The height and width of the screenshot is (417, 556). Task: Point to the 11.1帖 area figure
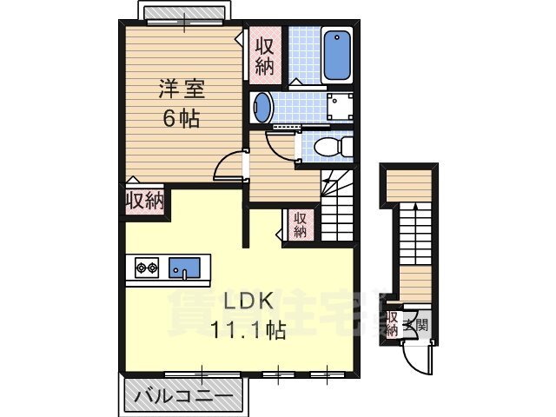pyautogui.click(x=248, y=329)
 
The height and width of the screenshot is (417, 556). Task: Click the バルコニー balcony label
pyautogui.click(x=183, y=398)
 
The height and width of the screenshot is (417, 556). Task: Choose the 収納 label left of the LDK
pyautogui.click(x=144, y=202)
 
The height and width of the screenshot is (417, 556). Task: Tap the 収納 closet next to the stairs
pyautogui.click(x=300, y=224)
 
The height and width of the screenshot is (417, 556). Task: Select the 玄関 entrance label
pyautogui.click(x=420, y=327)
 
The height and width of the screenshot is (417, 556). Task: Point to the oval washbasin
pyautogui.click(x=261, y=109)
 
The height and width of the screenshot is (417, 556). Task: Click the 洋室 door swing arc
pyautogui.click(x=229, y=164)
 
